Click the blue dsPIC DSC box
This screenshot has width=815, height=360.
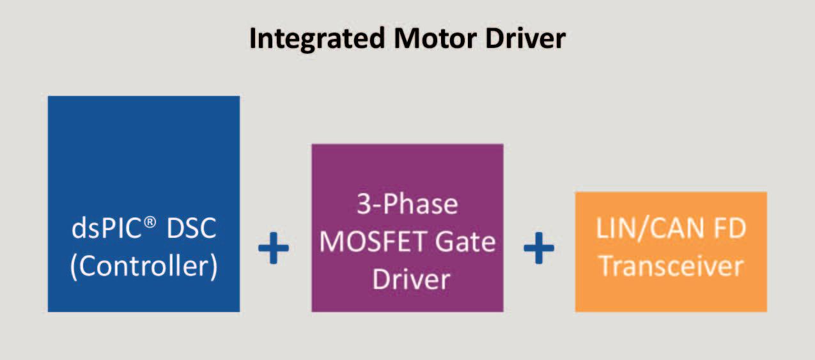[x=144, y=160]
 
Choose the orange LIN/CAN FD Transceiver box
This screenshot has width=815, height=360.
[x=671, y=211]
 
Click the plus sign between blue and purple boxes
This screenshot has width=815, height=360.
[x=274, y=248]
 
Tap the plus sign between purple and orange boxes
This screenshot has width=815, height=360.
[x=539, y=248]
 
